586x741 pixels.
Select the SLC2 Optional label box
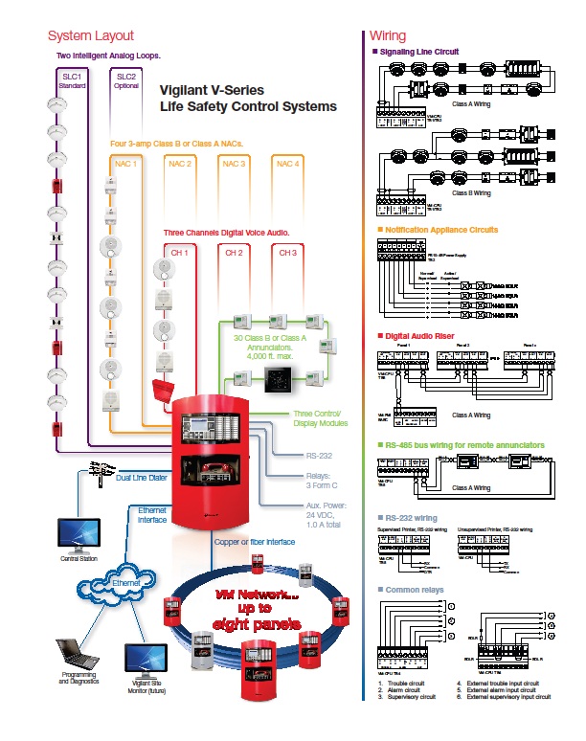tap(125, 80)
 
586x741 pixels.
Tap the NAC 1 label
tap(126, 165)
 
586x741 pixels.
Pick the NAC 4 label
tap(286, 165)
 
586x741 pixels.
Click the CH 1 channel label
tap(179, 253)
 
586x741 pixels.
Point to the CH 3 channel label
tap(286, 253)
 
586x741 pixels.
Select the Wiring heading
tap(387, 35)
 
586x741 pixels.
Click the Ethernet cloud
tap(126, 583)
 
